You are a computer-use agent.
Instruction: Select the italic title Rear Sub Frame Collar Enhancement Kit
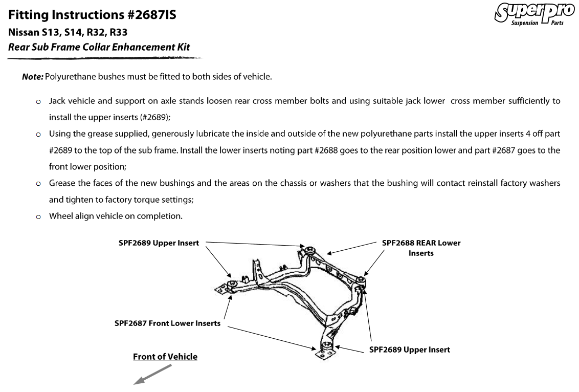click(99, 47)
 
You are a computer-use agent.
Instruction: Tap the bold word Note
click(32, 77)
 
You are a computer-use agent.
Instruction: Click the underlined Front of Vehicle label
click(165, 357)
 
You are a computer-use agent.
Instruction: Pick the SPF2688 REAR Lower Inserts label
click(421, 248)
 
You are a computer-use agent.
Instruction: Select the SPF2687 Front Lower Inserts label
click(167, 323)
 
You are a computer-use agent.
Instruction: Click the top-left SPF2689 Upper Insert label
click(159, 243)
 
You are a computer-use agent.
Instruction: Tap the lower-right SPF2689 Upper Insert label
click(409, 350)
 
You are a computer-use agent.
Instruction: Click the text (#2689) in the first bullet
click(155, 117)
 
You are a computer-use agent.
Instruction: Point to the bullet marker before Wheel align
click(38, 216)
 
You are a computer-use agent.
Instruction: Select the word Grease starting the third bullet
click(62, 183)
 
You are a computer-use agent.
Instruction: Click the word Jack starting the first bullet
click(57, 101)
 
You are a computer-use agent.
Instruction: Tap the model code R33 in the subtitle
click(117, 32)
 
